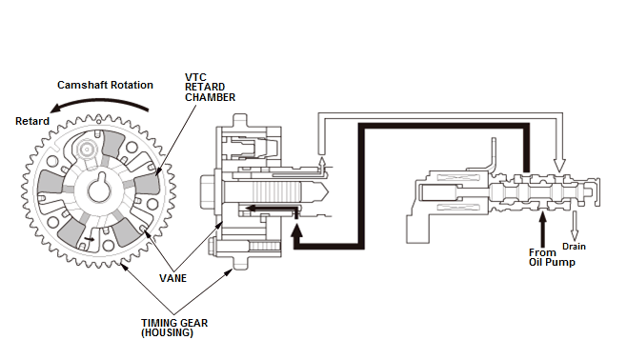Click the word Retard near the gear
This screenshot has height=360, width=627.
[x=32, y=121]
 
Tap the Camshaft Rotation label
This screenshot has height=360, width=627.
[x=105, y=85]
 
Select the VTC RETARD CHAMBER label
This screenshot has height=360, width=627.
[x=210, y=87]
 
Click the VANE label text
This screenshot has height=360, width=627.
[x=172, y=278]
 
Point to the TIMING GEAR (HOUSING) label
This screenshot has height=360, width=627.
[x=174, y=328]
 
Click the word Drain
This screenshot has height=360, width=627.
[x=574, y=247]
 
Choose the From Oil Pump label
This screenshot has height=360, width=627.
[x=552, y=257]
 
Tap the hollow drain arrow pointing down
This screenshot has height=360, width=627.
[x=575, y=226]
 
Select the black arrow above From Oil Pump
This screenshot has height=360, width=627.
[x=542, y=230]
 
